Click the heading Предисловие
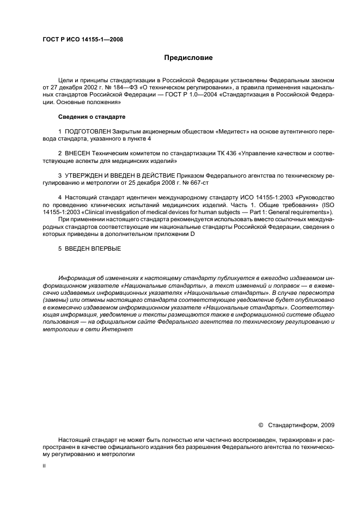coord(188,57)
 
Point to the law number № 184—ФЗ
coord(115,87)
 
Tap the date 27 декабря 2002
coord(70,87)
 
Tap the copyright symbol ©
coord(260,425)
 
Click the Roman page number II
coord(44,466)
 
